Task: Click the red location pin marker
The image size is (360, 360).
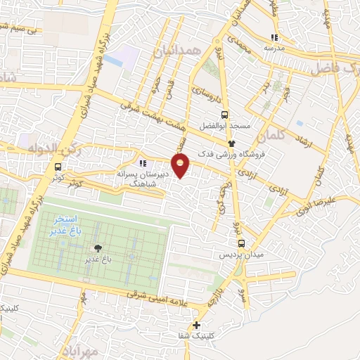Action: click(x=181, y=166)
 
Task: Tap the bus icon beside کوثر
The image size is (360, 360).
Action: click(x=58, y=167)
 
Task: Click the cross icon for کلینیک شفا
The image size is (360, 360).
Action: click(x=196, y=325)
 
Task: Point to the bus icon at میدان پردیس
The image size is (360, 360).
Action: click(x=241, y=243)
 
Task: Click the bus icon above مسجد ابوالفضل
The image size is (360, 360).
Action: click(x=224, y=115)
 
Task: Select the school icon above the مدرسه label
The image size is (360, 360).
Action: click(x=275, y=37)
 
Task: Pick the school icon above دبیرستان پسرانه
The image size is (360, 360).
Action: click(x=143, y=163)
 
